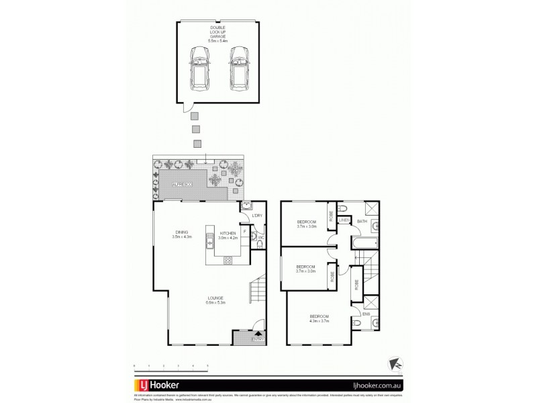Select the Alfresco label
coord(183,183)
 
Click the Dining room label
coord(181,234)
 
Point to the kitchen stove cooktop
coord(227,261)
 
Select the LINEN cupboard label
coord(344,220)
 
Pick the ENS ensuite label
coord(366,312)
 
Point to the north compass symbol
coord(396,363)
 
